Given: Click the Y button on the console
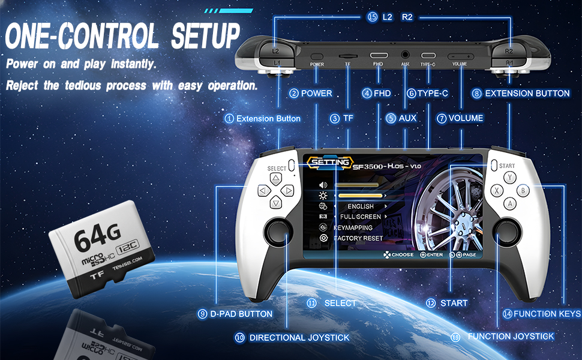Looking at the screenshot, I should [510, 178].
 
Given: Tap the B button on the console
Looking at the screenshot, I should [523, 191].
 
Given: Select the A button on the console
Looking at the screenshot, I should [510, 204].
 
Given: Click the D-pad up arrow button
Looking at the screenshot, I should [275, 179].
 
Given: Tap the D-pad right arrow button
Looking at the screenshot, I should [289, 191].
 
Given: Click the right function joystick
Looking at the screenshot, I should [505, 231].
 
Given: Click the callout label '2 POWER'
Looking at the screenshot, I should [310, 93].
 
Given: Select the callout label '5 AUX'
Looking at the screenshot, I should [402, 118].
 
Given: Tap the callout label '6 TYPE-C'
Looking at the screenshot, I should [428, 93].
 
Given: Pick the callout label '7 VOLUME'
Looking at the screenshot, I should [460, 118].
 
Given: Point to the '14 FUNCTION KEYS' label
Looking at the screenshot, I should [542, 313].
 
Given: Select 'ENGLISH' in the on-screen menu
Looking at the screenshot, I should [361, 206].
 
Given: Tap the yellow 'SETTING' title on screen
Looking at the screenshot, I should [329, 162].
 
